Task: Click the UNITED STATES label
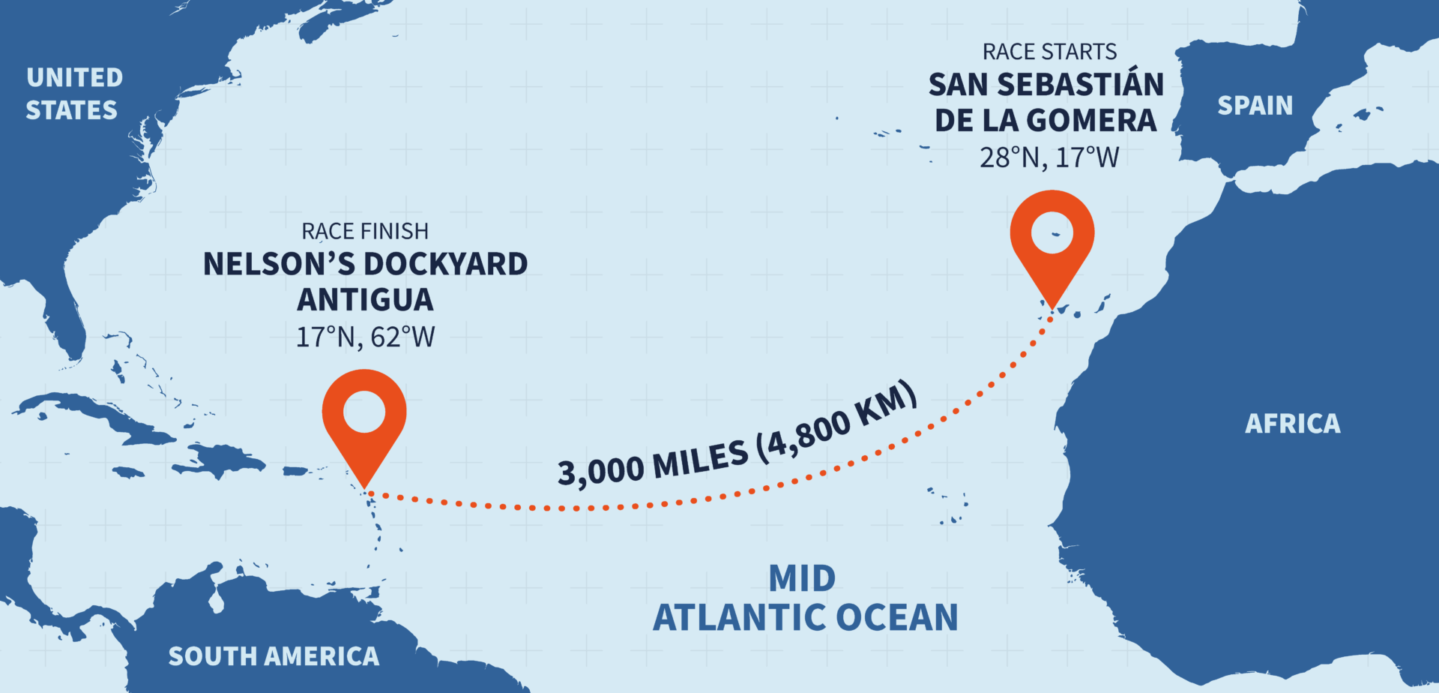click(73, 94)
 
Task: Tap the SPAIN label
click(1255, 106)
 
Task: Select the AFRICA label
click(1292, 424)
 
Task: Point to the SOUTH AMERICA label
click(274, 656)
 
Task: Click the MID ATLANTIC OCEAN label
click(805, 598)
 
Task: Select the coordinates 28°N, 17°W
click(1049, 157)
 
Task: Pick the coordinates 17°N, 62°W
click(365, 337)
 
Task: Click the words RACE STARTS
click(1049, 52)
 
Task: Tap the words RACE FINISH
click(365, 231)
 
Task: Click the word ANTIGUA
click(365, 300)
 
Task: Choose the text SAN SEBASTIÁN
click(1046, 85)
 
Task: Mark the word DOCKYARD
click(446, 264)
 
